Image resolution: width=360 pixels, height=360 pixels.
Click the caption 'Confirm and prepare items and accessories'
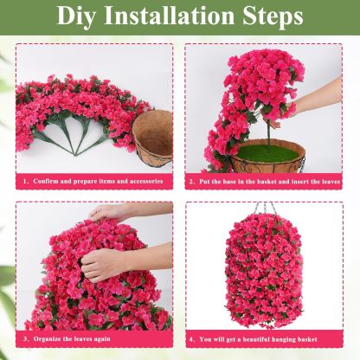tap(98, 183)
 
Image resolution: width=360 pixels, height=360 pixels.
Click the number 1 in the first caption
tap(25, 183)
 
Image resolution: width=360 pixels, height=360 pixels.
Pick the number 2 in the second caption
tap(192, 183)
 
